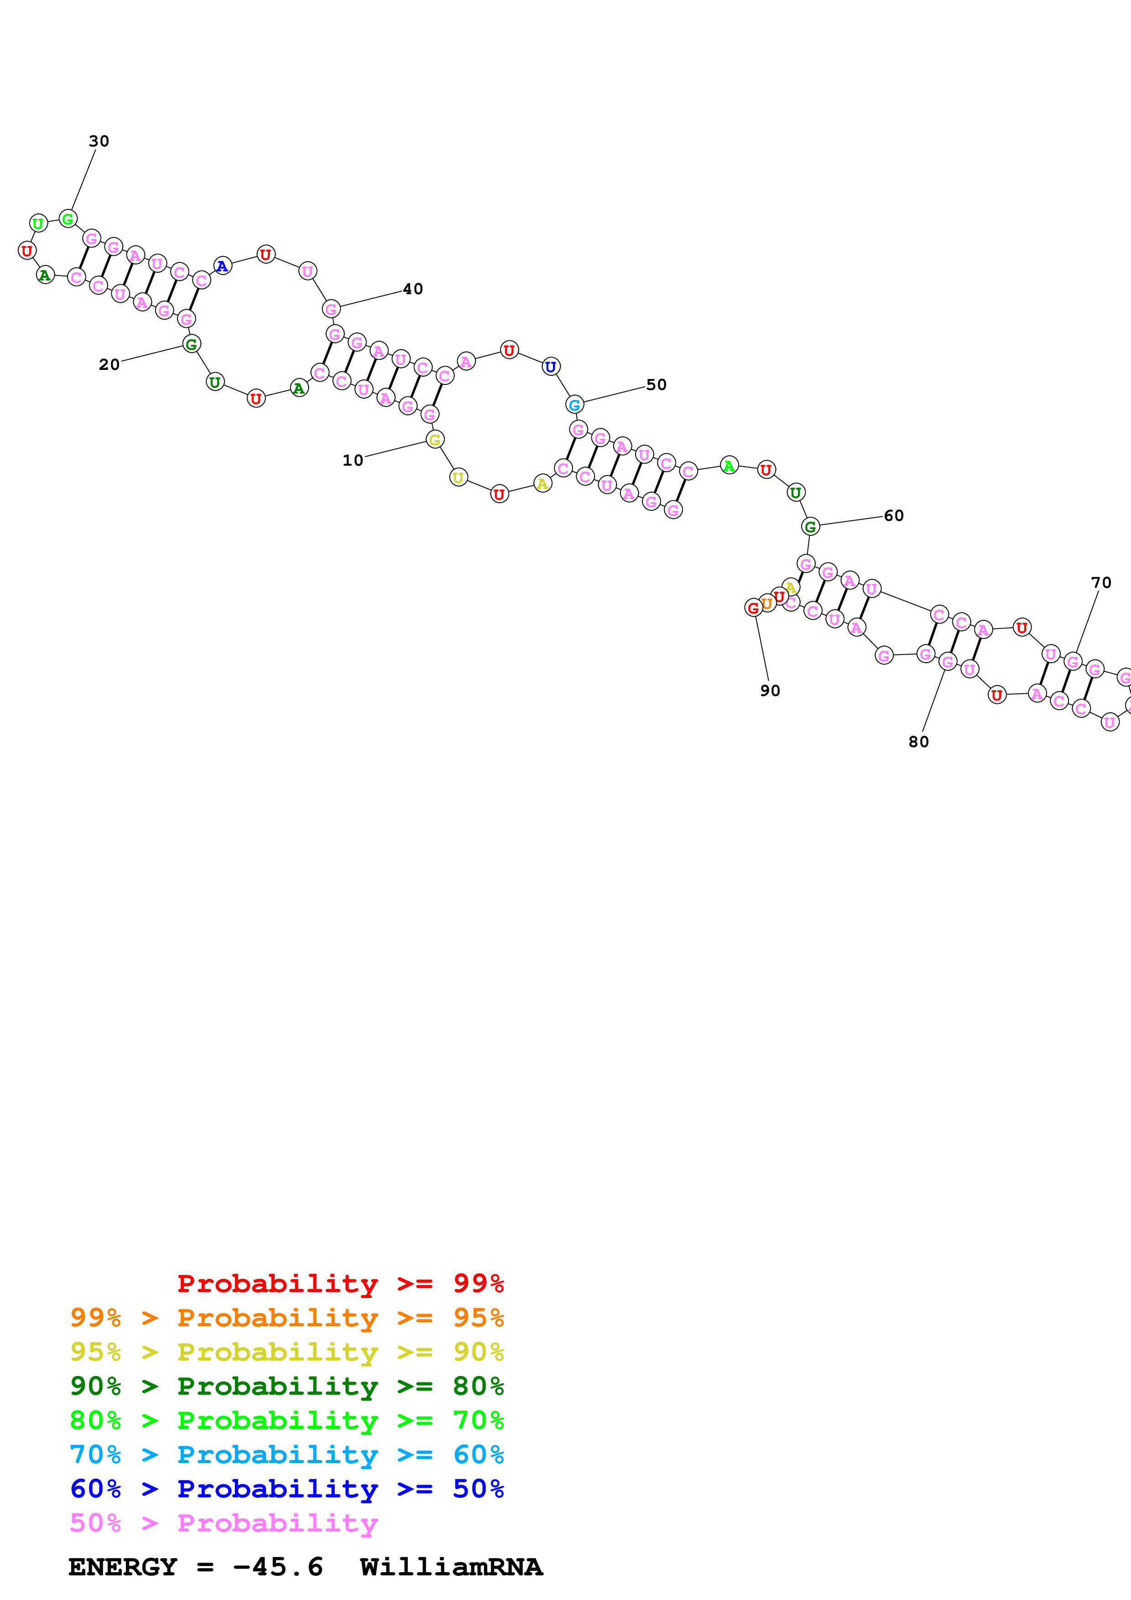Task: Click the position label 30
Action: (99, 141)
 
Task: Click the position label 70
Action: (1101, 582)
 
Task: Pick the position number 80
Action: (918, 742)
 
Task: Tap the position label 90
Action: (770, 691)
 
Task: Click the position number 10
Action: (353, 461)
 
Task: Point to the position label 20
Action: (109, 364)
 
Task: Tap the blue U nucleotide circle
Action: (551, 367)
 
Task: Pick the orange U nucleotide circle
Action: (766, 603)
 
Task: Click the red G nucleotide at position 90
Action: (753, 608)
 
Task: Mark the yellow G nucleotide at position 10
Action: (435, 440)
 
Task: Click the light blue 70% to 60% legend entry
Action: (287, 1455)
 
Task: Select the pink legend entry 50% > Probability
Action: (224, 1523)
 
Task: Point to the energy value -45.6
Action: (278, 1567)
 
